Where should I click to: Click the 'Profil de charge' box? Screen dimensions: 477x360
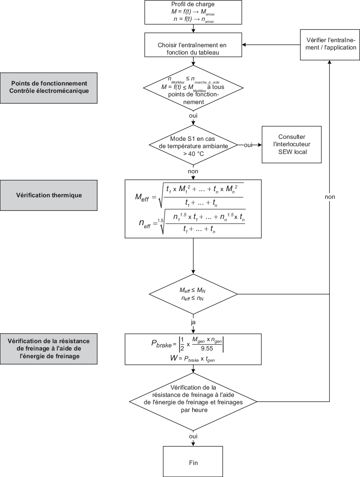pyautogui.click(x=193, y=12)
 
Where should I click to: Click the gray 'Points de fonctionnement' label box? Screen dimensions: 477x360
pyautogui.click(x=49, y=87)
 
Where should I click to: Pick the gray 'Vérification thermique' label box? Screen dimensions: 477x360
pyautogui.click(x=49, y=195)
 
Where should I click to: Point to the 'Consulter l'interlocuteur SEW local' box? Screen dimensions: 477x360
pyautogui.click(x=292, y=144)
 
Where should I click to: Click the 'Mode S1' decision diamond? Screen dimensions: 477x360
pyautogui.click(x=193, y=145)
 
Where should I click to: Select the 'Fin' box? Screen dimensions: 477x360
pyautogui.click(x=193, y=462)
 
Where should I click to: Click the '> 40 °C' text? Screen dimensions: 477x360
pyautogui.click(x=193, y=154)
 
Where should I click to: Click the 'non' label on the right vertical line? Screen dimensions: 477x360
pyautogui.click(x=329, y=197)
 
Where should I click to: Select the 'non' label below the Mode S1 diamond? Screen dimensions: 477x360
pyautogui.click(x=193, y=171)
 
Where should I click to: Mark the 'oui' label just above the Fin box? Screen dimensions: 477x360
pyautogui.click(x=193, y=436)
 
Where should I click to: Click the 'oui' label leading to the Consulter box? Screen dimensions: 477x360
pyautogui.click(x=247, y=145)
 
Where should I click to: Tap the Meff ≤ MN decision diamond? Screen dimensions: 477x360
pyautogui.click(x=193, y=294)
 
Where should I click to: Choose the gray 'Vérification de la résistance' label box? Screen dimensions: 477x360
pyautogui.click(x=49, y=349)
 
